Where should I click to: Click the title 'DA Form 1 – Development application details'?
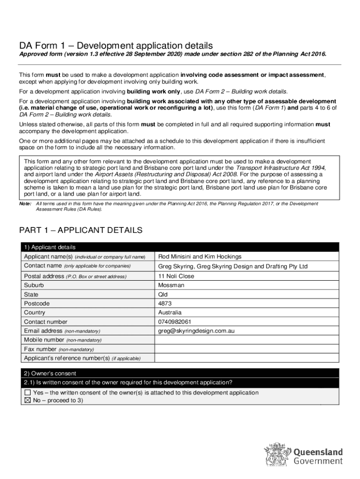(116, 46)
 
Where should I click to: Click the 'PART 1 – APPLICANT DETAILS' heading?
(80, 230)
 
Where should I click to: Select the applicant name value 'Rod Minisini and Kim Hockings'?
(200, 257)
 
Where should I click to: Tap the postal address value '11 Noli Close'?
(176, 276)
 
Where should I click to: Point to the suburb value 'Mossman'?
(171, 285)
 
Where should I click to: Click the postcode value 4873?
(166, 304)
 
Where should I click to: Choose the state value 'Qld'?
(163, 295)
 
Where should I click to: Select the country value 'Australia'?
(170, 312)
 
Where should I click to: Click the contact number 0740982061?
(175, 322)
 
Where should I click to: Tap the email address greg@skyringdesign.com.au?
(196, 331)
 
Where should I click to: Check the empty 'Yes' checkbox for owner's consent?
(28, 393)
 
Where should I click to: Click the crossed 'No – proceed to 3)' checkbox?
(28, 401)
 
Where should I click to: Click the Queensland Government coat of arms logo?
(277, 455)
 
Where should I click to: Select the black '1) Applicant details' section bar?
(180, 247)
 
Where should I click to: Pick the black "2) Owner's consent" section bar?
(180, 373)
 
